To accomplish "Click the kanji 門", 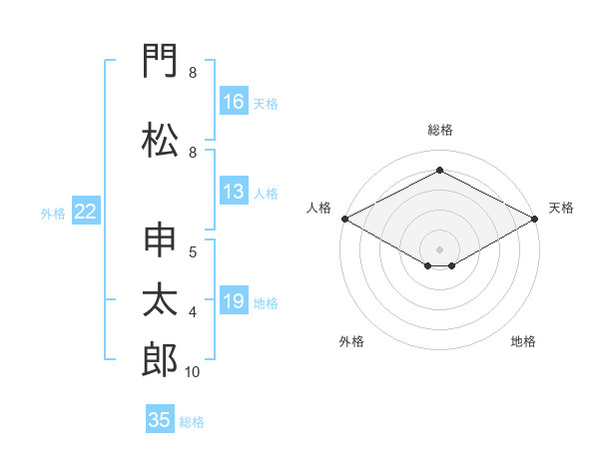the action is [x=160, y=60].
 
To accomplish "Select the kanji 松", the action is [x=160, y=140].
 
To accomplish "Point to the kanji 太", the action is [x=160, y=299].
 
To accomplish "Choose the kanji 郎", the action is [x=160, y=359].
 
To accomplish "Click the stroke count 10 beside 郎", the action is [x=192, y=372].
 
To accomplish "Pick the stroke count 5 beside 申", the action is [x=193, y=252].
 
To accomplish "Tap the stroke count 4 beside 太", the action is [x=193, y=312].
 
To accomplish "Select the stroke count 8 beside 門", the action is [x=193, y=73].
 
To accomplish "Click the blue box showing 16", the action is [x=234, y=101].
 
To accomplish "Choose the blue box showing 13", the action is [x=234, y=191].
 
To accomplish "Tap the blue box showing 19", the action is [x=234, y=299].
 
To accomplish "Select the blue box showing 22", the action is [x=86, y=211].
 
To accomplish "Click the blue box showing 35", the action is [x=160, y=418].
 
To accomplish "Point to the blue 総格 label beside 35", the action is [x=192, y=422].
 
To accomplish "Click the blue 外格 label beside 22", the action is [x=53, y=214].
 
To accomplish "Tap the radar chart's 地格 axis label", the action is [x=523, y=341].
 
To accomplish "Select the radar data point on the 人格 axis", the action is [x=345, y=219].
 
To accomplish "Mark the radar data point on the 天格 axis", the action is [x=534, y=219].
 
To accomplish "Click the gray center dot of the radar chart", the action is [x=439, y=249].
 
